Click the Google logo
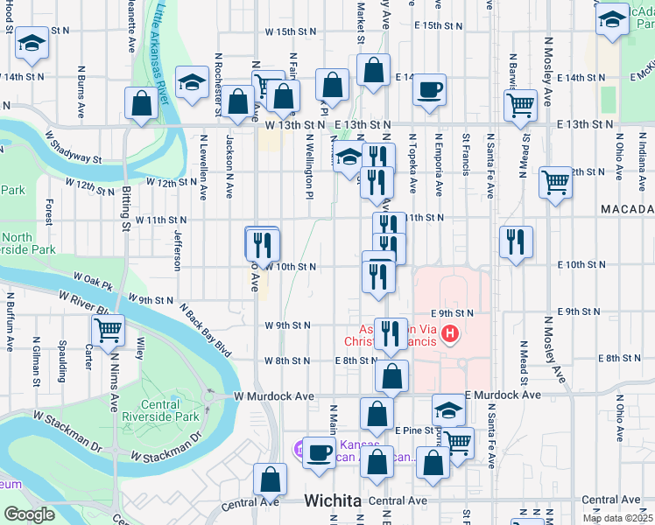pyautogui.click(x=29, y=514)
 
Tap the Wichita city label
pyautogui.click(x=333, y=500)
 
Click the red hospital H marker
pyautogui.click(x=450, y=333)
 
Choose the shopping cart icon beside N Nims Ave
pyautogui.click(x=108, y=331)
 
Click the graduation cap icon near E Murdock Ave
pyautogui.click(x=448, y=409)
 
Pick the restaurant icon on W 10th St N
pyautogui.click(x=262, y=243)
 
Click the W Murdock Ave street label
pyautogui.click(x=273, y=396)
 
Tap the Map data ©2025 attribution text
pyautogui.click(x=618, y=518)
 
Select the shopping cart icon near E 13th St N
pyautogui.click(x=521, y=106)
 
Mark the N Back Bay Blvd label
pyautogui.click(x=206, y=330)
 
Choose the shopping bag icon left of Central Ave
pyautogui.click(x=270, y=479)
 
